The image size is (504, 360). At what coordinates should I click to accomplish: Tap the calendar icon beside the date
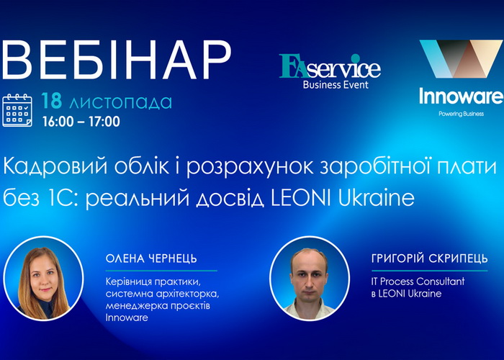point(17,109)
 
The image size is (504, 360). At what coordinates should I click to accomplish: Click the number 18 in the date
point(52,102)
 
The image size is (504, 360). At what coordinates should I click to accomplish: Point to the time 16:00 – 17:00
point(81,121)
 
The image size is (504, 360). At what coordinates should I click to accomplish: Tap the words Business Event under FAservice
point(336,84)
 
